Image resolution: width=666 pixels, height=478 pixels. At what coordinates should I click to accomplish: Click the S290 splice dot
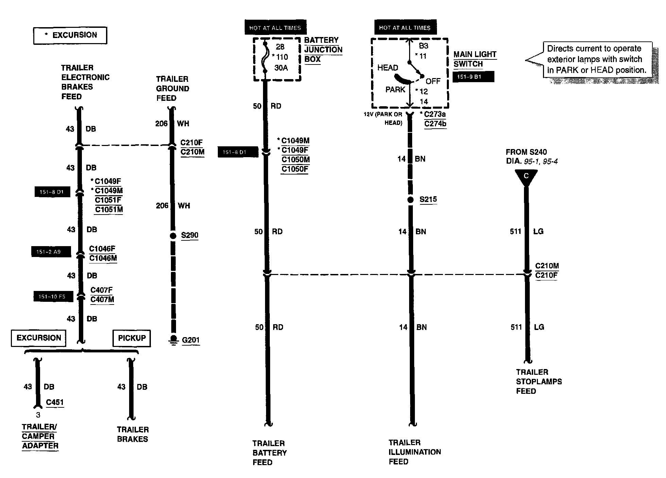tap(173, 235)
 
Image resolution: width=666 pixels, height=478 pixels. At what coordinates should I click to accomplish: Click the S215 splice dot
tap(410, 200)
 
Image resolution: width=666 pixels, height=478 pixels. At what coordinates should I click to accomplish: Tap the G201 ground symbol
tap(174, 340)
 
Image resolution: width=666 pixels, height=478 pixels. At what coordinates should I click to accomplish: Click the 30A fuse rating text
tap(281, 68)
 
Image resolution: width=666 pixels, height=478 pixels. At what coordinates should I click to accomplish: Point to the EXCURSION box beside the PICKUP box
tap(39, 338)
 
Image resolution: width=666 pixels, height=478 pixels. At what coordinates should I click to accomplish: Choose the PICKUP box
tap(132, 338)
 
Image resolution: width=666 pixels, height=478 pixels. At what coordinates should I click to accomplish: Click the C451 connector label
tap(55, 402)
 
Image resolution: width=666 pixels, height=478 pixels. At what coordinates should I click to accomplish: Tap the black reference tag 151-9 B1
tap(473, 77)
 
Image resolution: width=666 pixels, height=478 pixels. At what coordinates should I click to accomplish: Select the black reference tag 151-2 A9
tap(51, 252)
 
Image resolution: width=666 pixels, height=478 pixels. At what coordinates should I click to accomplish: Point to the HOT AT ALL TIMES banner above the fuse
tap(275, 28)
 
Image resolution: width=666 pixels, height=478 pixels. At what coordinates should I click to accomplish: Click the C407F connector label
tap(101, 290)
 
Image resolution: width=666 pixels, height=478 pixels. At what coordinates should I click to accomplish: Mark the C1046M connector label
tap(103, 258)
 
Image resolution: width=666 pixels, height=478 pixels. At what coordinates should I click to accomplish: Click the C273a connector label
tap(435, 114)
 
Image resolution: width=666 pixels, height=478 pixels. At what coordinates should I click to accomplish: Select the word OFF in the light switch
tap(433, 81)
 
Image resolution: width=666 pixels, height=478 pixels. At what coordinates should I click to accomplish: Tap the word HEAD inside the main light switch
tap(388, 68)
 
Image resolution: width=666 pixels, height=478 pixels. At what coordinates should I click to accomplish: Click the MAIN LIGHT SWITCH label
tap(474, 59)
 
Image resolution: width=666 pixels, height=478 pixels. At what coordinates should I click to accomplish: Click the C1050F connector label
tap(295, 169)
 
